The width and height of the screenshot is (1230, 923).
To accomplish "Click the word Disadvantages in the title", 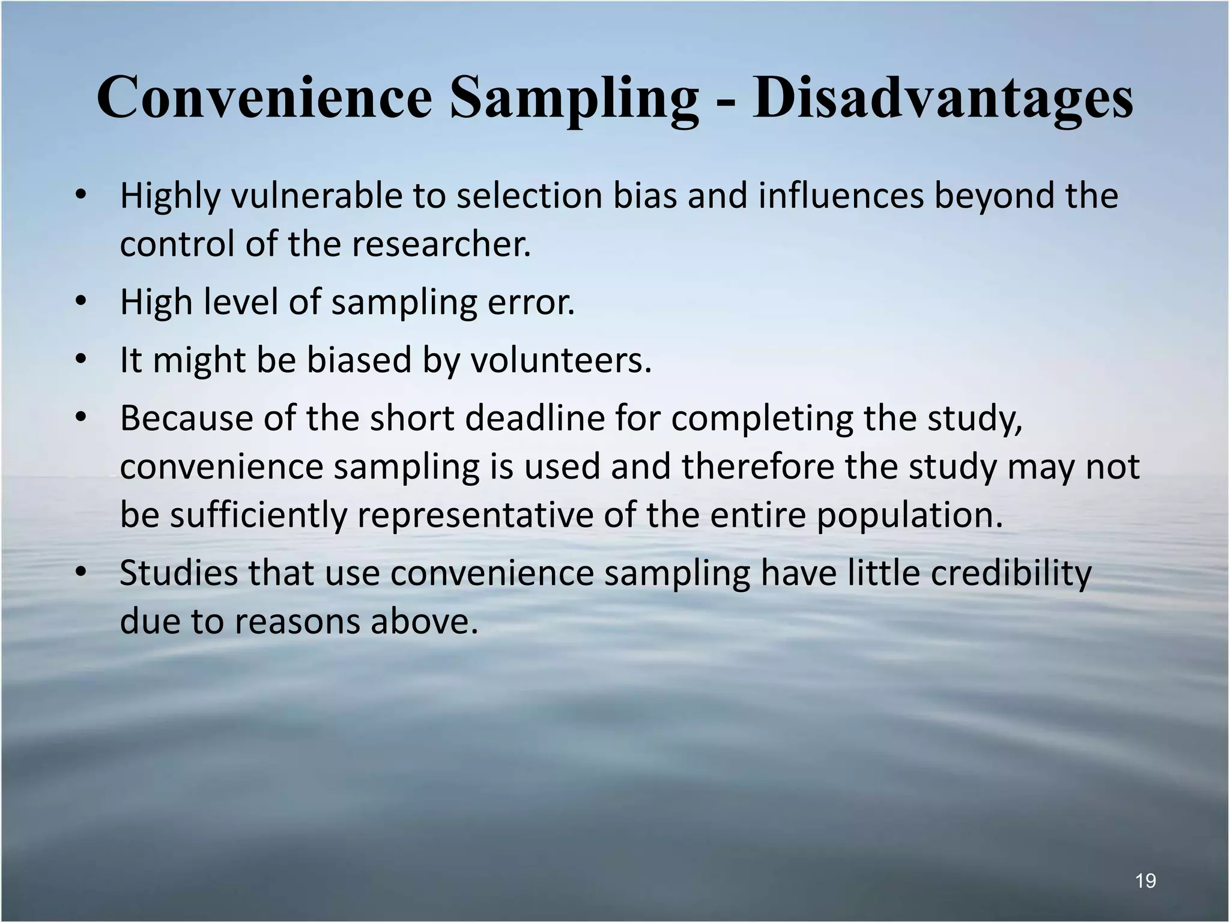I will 943,98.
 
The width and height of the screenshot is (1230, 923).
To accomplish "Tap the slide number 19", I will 1145,881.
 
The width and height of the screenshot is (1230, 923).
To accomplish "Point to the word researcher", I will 441,244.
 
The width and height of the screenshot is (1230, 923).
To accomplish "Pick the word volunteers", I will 560,360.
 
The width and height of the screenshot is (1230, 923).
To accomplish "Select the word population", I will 909,515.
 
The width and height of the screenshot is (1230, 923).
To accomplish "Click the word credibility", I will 1011,572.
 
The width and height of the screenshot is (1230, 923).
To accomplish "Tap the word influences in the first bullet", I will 840,196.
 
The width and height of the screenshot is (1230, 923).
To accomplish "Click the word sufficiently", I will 258,515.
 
